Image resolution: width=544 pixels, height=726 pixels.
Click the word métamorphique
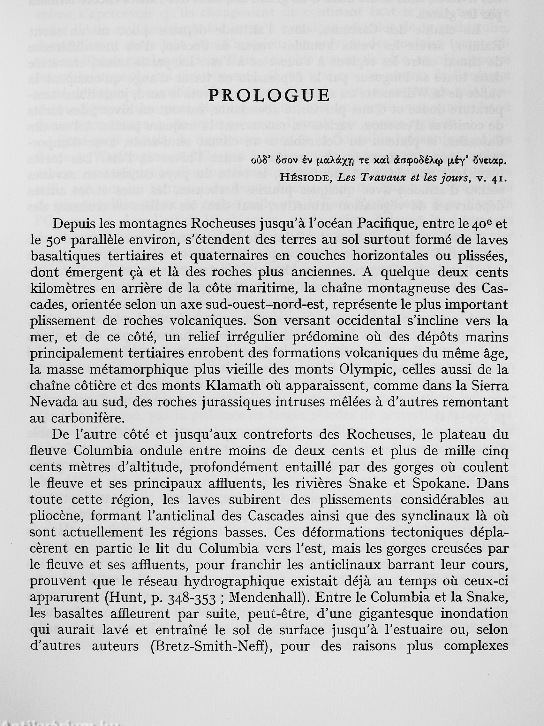click(128, 370)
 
